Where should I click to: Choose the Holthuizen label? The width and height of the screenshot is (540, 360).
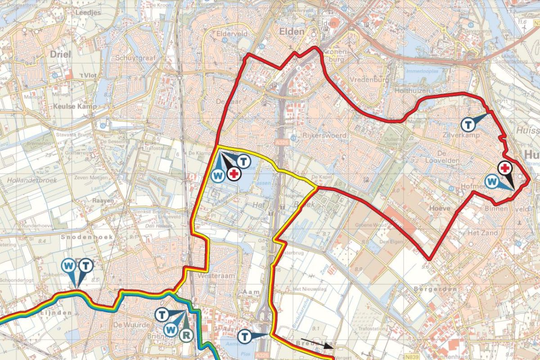(410, 92)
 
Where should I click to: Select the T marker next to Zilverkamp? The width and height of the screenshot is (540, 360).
(468, 123)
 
